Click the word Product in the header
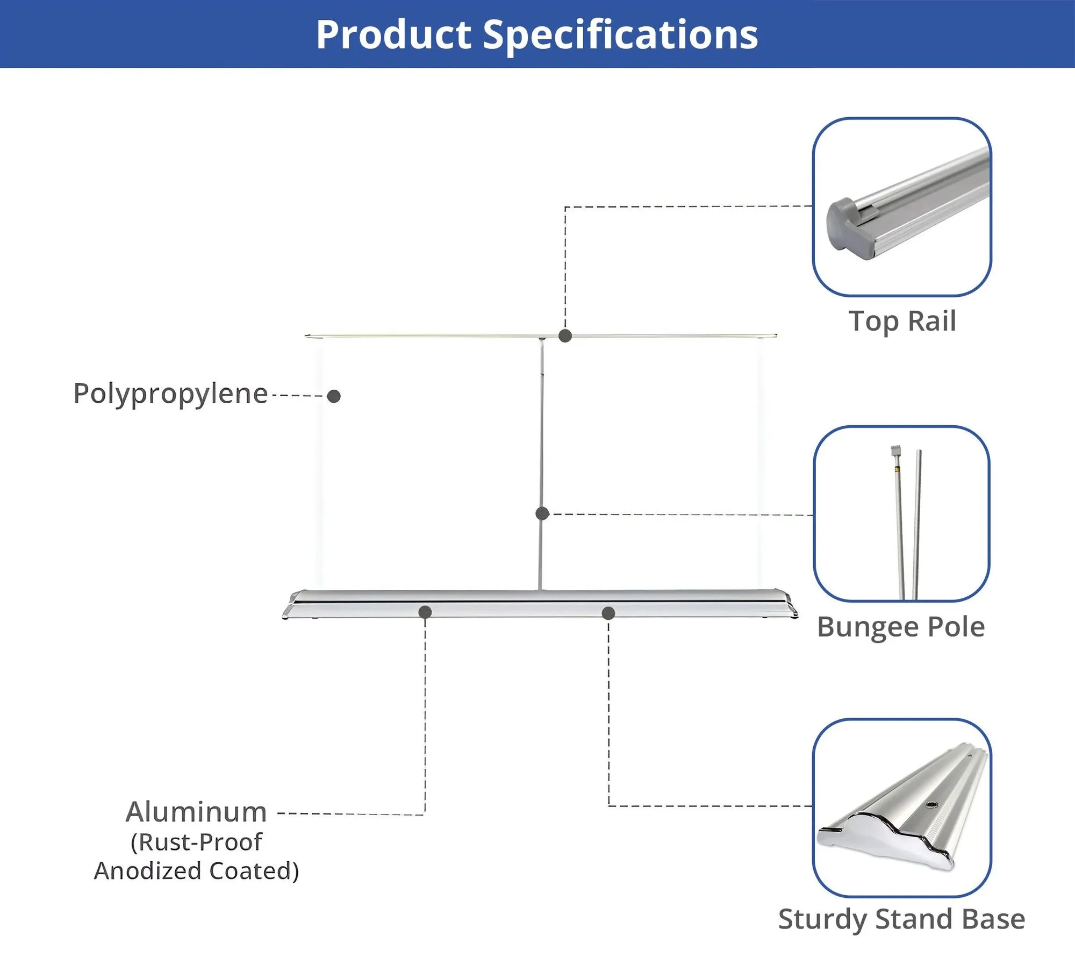click(394, 35)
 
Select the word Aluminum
click(196, 812)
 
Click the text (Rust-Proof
click(196, 842)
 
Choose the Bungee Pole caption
click(901, 627)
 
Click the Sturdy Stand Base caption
click(901, 919)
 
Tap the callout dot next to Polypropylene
click(334, 396)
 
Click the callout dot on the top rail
click(565, 336)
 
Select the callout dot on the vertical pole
click(542, 513)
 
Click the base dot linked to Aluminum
click(425, 612)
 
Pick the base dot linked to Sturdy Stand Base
click(608, 613)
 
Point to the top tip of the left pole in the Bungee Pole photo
click(895, 446)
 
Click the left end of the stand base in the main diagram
click(283, 614)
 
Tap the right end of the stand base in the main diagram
click(797, 614)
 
